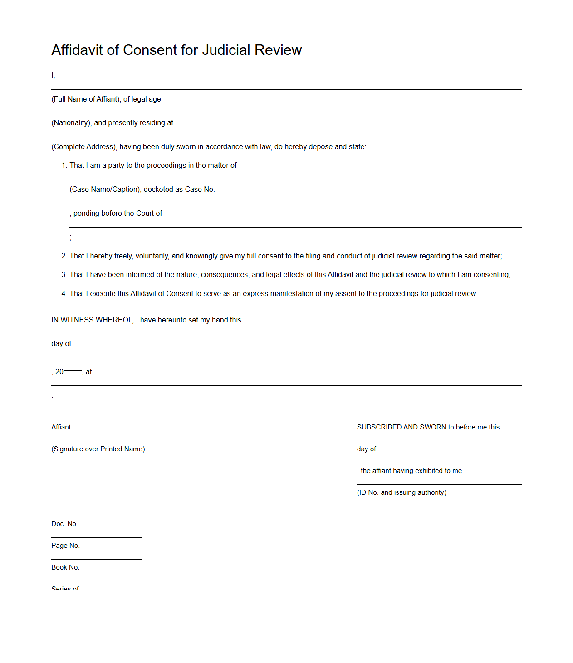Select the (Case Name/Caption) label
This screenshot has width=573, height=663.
coord(104,190)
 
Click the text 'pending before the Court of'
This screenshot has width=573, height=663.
coord(118,214)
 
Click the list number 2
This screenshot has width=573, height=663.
coord(64,256)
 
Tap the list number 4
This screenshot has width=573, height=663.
coord(64,294)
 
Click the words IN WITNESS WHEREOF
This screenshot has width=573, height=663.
coord(92,320)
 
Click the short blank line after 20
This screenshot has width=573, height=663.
coord(73,370)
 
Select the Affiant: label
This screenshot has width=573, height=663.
coord(62,427)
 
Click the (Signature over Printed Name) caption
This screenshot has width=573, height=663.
coord(98,449)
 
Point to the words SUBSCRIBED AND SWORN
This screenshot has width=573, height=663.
coord(401,427)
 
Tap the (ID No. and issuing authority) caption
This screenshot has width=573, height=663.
coord(402,492)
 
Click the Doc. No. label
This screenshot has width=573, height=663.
coord(64,524)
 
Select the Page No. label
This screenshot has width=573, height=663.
coord(65,546)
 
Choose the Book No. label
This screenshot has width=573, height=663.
coord(65,567)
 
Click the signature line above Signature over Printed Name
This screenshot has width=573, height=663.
coord(133,441)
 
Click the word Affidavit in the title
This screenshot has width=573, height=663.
coord(77,50)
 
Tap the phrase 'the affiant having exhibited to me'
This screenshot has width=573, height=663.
coord(411,471)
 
